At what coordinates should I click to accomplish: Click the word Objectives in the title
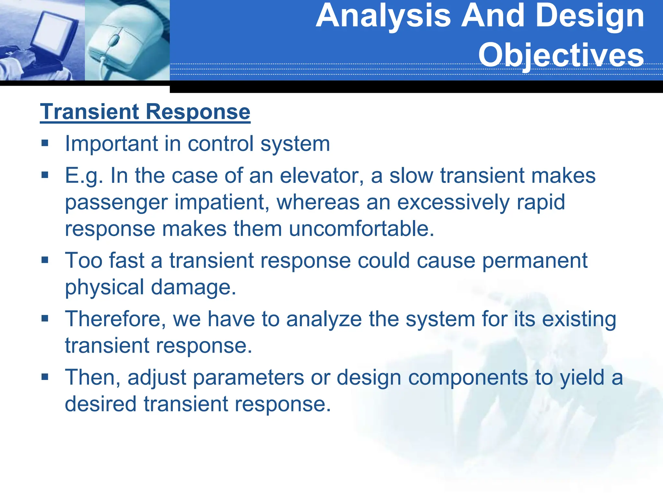click(561, 55)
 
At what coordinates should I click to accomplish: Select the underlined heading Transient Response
click(145, 112)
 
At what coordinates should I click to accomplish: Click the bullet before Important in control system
click(45, 143)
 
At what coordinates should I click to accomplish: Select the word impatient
click(222, 202)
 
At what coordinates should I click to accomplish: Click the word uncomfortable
click(361, 229)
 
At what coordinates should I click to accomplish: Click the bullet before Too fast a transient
click(45, 260)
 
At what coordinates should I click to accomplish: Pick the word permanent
click(534, 261)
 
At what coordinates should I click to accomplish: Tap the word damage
click(193, 287)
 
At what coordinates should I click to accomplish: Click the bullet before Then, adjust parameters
click(45, 377)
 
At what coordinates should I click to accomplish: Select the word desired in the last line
click(101, 404)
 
